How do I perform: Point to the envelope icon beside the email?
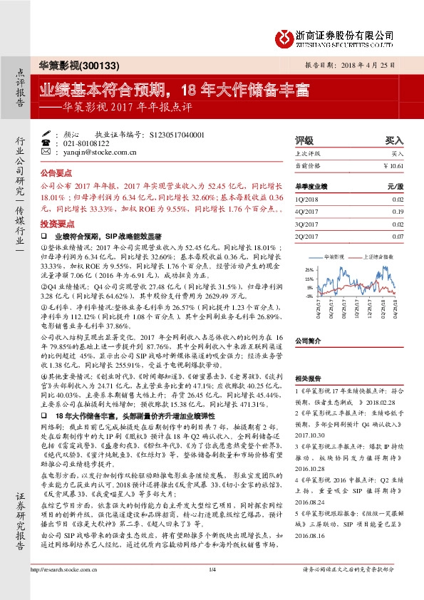point(46,152)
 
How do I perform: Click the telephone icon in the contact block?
point(46,143)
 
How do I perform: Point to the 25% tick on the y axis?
point(308,269)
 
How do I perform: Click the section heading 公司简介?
point(309,341)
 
